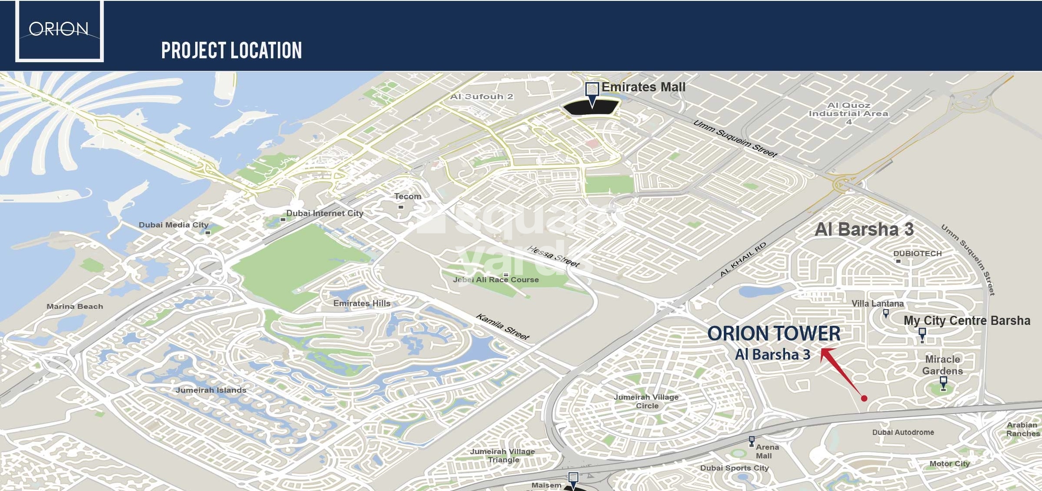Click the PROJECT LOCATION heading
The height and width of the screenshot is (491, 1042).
point(231,50)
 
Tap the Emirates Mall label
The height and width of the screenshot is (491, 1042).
point(643,87)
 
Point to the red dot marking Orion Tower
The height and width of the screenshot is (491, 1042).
point(864,398)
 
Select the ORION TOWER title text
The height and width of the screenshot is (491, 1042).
point(774,334)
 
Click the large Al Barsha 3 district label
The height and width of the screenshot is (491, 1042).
point(864,229)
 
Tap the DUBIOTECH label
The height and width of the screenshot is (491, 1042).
point(917,254)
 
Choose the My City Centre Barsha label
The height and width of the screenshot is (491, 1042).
point(967,321)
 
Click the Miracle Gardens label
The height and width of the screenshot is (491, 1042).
point(942,365)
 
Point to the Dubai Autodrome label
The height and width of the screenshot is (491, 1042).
point(903,432)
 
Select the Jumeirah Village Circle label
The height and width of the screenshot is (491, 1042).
point(646,401)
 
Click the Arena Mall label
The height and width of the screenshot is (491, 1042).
point(766,451)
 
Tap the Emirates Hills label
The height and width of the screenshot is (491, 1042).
point(362,303)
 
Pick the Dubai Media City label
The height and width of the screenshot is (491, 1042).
point(173,225)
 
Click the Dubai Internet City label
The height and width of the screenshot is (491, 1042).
point(324,213)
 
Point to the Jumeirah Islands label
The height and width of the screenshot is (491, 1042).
point(211,390)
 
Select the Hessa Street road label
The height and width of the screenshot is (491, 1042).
point(553,256)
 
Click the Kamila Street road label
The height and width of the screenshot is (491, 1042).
point(503,326)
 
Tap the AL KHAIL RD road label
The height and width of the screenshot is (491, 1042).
point(742,259)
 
